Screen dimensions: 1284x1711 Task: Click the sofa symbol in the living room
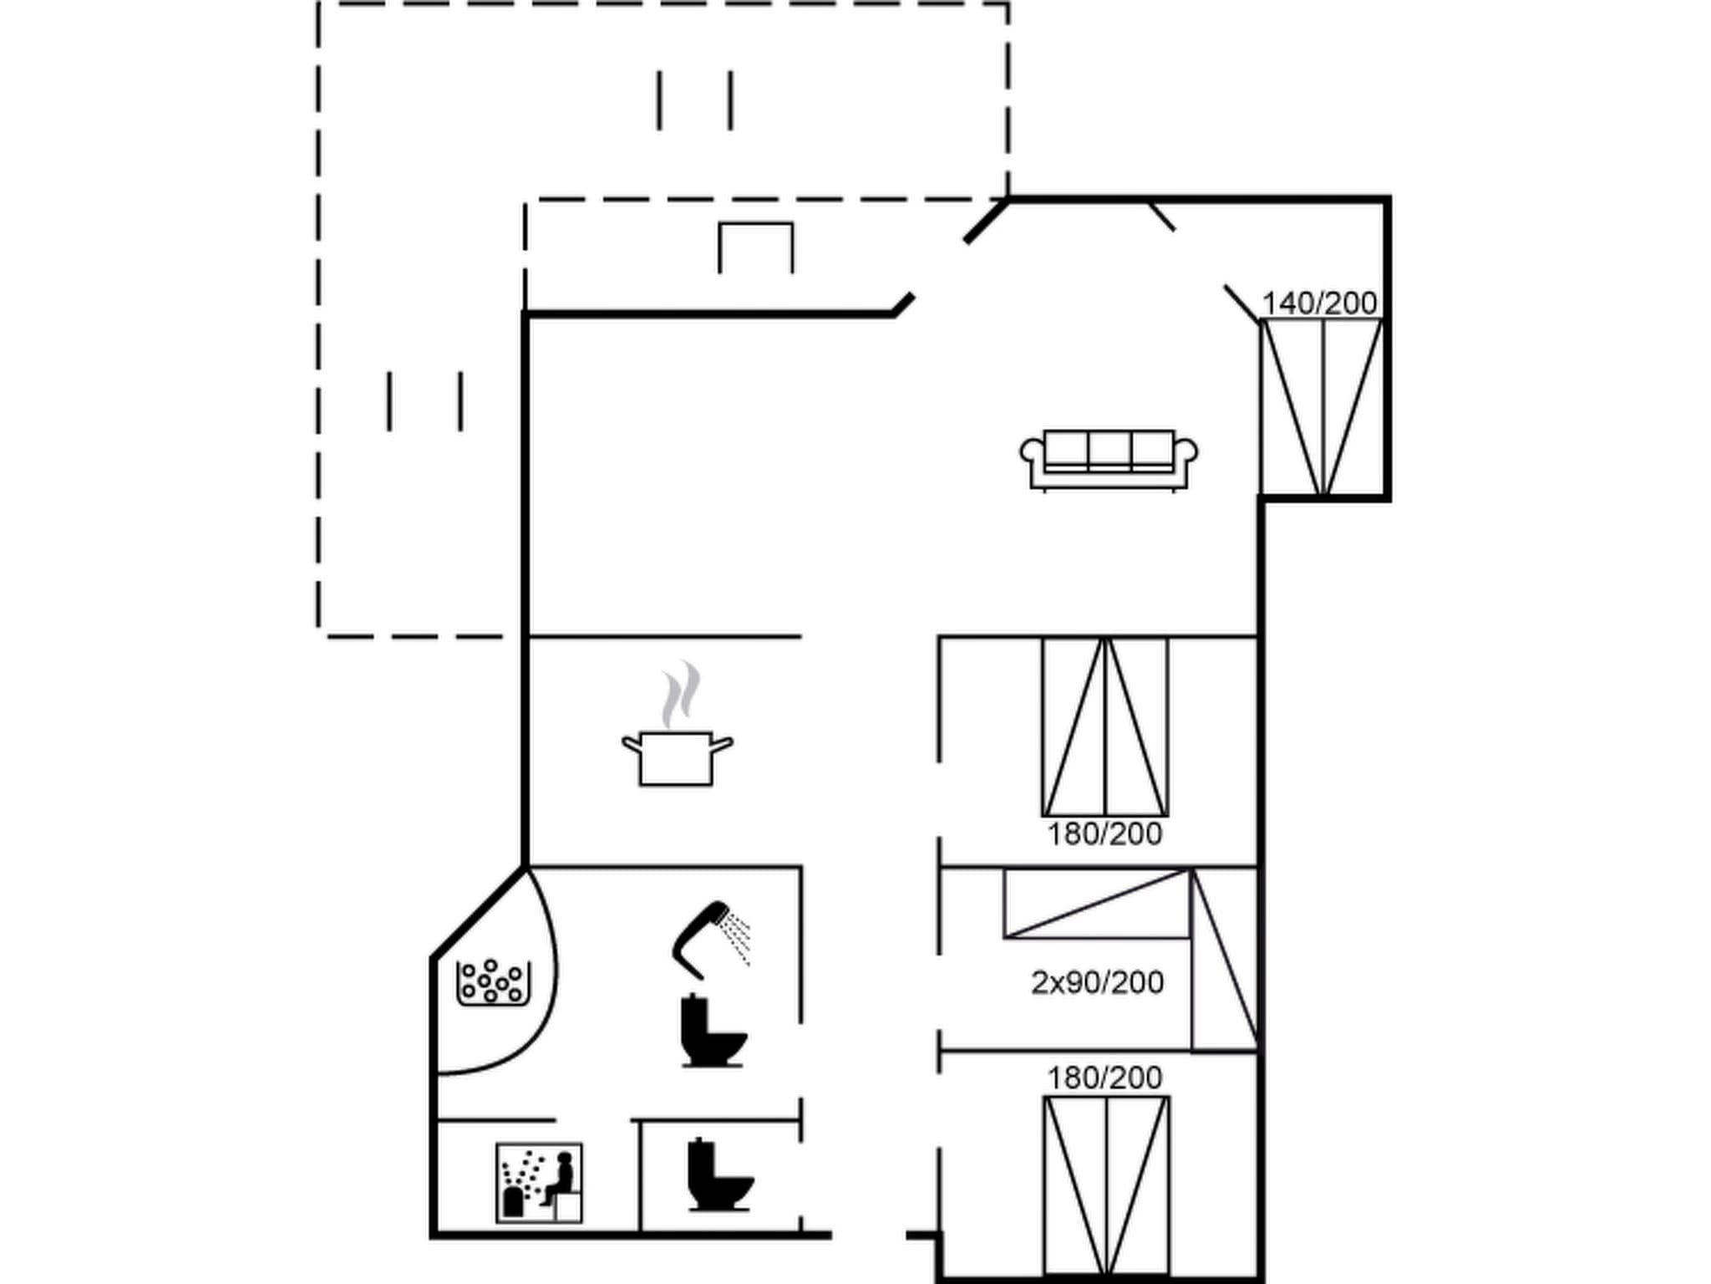point(1109,459)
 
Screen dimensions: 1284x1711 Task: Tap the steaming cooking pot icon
point(677,757)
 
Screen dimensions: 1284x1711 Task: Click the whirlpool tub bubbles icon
point(493,983)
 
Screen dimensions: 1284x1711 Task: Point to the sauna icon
point(539,1183)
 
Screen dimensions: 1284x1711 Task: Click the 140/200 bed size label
point(1319,303)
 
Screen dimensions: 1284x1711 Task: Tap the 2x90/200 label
point(1097,982)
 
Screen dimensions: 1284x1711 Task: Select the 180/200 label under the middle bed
point(1104,833)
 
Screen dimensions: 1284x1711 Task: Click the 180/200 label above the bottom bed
point(1104,1078)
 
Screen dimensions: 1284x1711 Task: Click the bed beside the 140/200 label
point(1322,407)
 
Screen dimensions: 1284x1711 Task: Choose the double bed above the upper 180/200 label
point(1104,726)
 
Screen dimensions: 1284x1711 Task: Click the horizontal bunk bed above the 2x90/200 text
point(1096,904)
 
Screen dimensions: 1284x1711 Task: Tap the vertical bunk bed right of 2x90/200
point(1224,960)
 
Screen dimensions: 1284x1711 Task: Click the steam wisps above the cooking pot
point(681,693)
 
